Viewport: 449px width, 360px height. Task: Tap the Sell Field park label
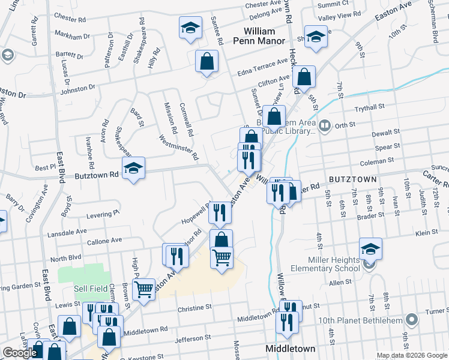point(89,289)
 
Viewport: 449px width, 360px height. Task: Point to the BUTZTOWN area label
point(352,179)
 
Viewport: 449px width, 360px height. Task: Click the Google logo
point(20,353)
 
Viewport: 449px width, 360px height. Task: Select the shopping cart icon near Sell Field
point(144,290)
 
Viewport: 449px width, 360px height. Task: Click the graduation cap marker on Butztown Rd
point(134,168)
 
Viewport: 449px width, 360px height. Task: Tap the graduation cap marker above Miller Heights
point(370,248)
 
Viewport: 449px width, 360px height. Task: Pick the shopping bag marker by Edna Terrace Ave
point(206,61)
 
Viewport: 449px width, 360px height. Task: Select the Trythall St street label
point(369,107)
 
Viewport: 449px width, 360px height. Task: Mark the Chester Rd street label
point(70,18)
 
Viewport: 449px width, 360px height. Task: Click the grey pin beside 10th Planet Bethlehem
point(411,319)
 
